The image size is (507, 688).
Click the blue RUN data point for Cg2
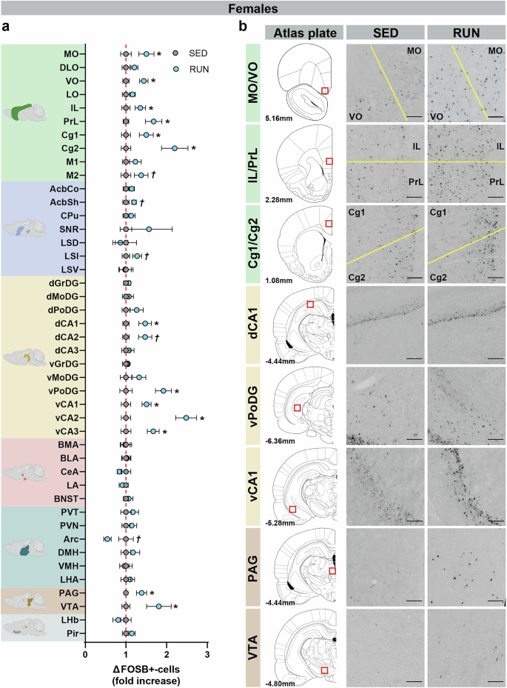pyautogui.click(x=175, y=148)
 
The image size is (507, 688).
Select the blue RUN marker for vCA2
pyautogui.click(x=187, y=418)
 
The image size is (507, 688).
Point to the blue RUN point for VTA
pyautogui.click(x=159, y=607)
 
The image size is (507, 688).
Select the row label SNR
pyautogui.click(x=71, y=229)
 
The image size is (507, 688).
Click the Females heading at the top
pyautogui.click(x=254, y=10)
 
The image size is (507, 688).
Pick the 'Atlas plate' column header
pyautogui.click(x=305, y=33)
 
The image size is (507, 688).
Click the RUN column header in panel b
pyautogui.click(x=463, y=33)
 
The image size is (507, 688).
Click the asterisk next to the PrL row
pyautogui.click(x=168, y=121)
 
